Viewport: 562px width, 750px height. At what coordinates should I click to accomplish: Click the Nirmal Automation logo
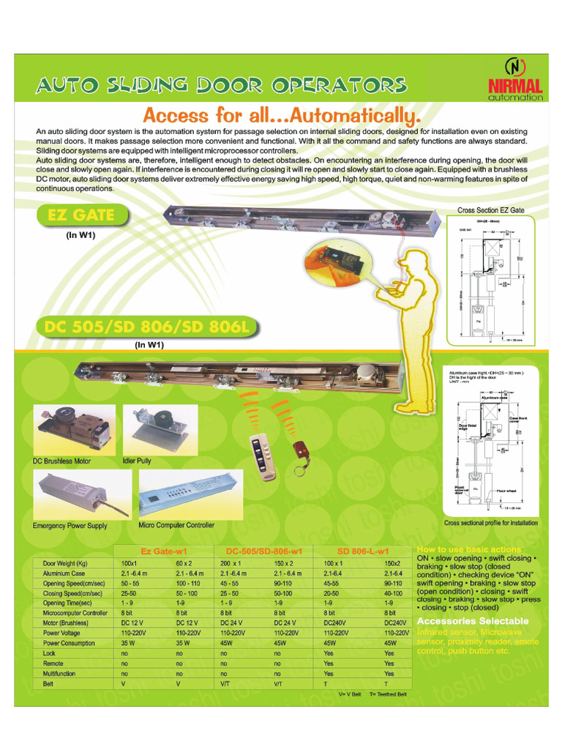click(x=515, y=79)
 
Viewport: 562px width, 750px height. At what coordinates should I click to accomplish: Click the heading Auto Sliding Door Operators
click(x=221, y=85)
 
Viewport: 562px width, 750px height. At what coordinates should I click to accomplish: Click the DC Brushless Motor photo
click(x=74, y=429)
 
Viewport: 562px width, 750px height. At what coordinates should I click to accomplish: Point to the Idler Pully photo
click(x=149, y=429)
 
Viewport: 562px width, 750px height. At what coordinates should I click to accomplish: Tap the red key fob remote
click(x=300, y=452)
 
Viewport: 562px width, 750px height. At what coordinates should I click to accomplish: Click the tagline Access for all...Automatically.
click(x=282, y=115)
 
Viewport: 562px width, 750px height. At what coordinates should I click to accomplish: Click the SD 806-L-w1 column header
click(x=362, y=551)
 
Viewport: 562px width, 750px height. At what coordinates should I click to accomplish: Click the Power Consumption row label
click(x=69, y=643)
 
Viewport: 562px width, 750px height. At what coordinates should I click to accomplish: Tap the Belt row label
click(x=49, y=683)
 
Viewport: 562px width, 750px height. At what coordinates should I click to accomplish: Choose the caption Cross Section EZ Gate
click(x=490, y=210)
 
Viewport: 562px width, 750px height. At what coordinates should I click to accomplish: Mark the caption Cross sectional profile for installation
click(x=491, y=523)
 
